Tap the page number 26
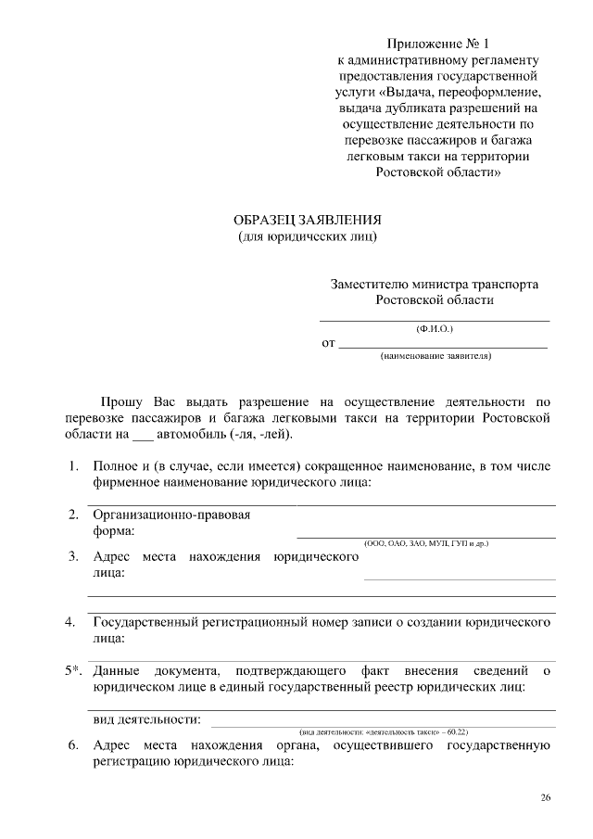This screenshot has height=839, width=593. [546, 797]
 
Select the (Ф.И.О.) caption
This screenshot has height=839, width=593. [435, 328]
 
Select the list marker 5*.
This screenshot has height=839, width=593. [74, 669]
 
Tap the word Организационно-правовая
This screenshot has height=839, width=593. [172, 515]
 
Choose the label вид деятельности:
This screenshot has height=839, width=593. [147, 719]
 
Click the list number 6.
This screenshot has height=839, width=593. [71, 745]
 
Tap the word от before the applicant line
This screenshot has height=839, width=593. [328, 344]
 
